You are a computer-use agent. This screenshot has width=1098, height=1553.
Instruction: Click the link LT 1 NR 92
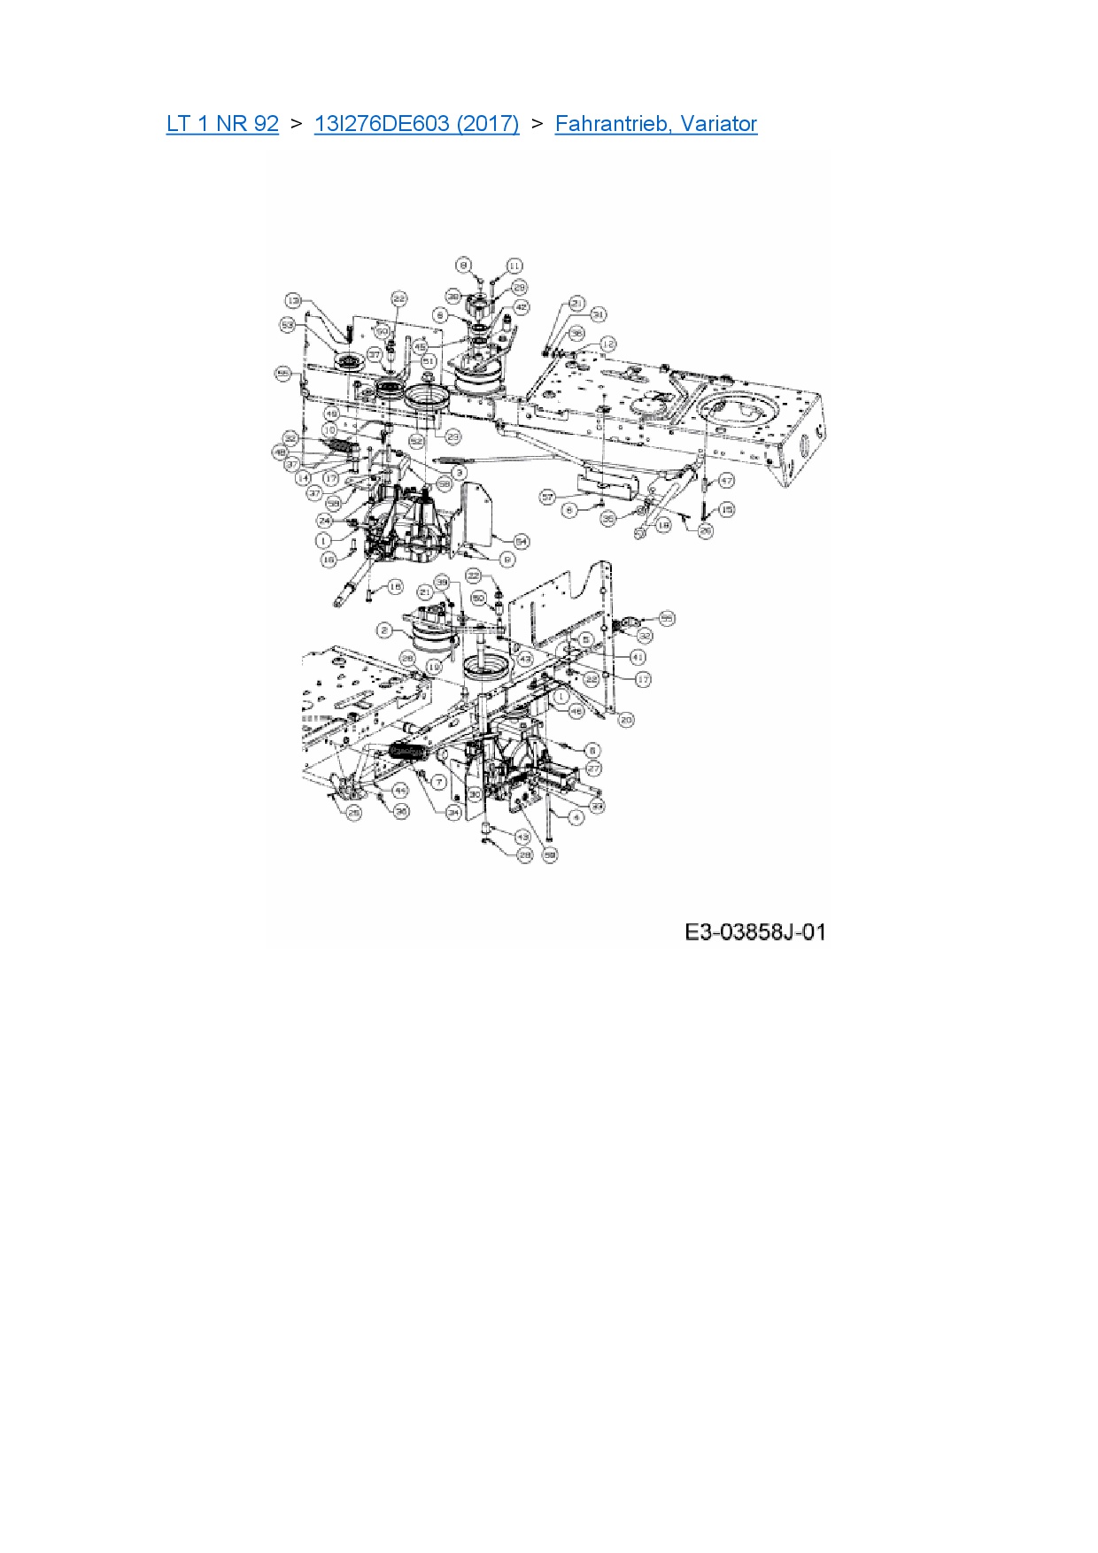pyautogui.click(x=222, y=124)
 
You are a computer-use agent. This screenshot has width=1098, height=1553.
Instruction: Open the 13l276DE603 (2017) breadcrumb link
pyautogui.click(x=416, y=124)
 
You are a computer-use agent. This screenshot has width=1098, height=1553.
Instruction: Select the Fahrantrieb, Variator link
pyautogui.click(x=655, y=124)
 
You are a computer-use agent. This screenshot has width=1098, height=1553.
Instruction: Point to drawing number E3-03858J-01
pyautogui.click(x=754, y=931)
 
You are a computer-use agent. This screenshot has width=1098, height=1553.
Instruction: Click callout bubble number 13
pyautogui.click(x=294, y=301)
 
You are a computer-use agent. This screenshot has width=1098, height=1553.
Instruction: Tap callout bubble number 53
pyautogui.click(x=288, y=325)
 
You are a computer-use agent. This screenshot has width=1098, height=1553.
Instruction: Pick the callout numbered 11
pyautogui.click(x=514, y=266)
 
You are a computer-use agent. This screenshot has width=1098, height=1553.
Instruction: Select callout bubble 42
pyautogui.click(x=521, y=307)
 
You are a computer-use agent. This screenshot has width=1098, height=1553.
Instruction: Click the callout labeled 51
pyautogui.click(x=429, y=362)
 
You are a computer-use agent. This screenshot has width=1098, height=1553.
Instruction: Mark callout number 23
pyautogui.click(x=453, y=437)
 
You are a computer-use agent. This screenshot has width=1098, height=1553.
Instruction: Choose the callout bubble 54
pyautogui.click(x=521, y=540)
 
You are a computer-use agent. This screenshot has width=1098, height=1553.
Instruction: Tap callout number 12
pyautogui.click(x=607, y=344)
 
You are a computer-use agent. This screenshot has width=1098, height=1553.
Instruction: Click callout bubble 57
pyautogui.click(x=548, y=498)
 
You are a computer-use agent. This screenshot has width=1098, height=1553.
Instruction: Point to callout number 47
pyautogui.click(x=726, y=481)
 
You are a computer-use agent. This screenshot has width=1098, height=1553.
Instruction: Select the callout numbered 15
pyautogui.click(x=727, y=510)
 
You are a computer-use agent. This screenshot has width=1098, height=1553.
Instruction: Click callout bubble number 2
pyautogui.click(x=384, y=630)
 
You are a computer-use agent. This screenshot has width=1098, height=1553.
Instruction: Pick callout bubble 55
pyautogui.click(x=667, y=618)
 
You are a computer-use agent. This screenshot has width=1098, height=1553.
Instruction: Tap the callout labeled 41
pyautogui.click(x=638, y=658)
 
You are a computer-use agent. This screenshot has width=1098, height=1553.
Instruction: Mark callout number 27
pyautogui.click(x=593, y=769)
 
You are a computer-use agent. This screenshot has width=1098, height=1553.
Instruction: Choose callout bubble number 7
pyautogui.click(x=438, y=783)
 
